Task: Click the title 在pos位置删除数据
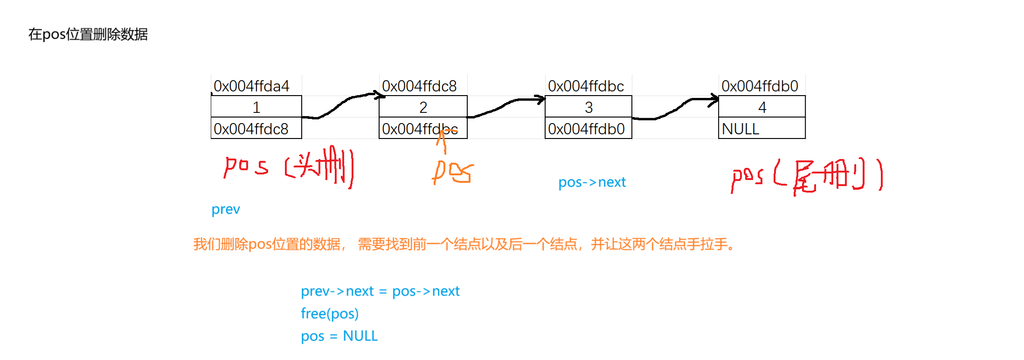(88, 35)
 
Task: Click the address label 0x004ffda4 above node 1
(251, 86)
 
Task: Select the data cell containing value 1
(256, 107)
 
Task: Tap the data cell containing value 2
(423, 107)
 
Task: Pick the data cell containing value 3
(588, 107)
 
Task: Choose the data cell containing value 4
(762, 107)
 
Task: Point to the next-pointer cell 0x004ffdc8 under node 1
(251, 129)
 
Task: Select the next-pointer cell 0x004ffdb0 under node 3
(586, 129)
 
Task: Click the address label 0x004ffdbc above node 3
(586, 86)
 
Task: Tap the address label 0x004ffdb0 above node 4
(760, 86)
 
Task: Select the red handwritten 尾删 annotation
(828, 176)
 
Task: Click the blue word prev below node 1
(226, 209)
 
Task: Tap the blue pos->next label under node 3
(592, 182)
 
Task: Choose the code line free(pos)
(329, 313)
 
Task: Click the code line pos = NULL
(339, 336)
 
